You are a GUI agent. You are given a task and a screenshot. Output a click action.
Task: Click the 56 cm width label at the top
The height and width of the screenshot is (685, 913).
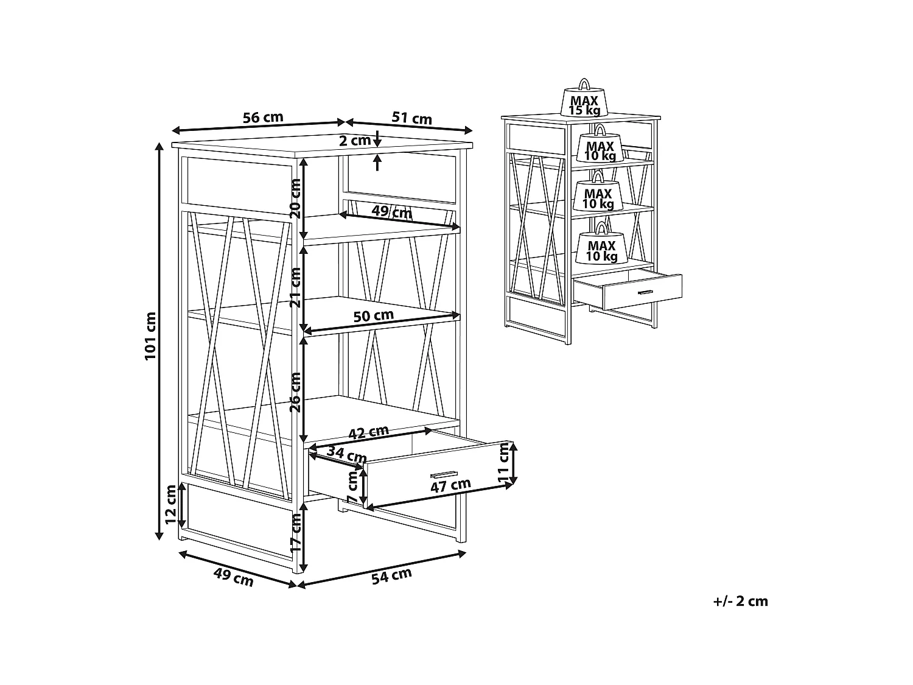pyautogui.click(x=263, y=118)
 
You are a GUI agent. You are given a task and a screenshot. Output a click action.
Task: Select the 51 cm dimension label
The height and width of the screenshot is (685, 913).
pyautogui.click(x=411, y=118)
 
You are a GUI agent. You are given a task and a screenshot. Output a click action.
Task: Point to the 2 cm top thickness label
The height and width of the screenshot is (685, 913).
pyautogui.click(x=354, y=141)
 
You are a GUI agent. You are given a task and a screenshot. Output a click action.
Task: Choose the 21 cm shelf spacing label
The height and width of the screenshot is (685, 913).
pyautogui.click(x=295, y=287)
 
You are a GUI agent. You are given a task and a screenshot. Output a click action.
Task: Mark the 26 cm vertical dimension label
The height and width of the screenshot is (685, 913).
pyautogui.click(x=295, y=392)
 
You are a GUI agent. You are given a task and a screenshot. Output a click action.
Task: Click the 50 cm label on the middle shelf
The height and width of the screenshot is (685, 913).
pyautogui.click(x=374, y=315)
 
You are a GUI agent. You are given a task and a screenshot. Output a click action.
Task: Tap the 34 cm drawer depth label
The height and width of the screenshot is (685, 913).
pyautogui.click(x=346, y=454)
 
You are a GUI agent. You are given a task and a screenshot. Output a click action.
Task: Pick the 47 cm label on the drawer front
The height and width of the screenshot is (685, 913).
pyautogui.click(x=450, y=485)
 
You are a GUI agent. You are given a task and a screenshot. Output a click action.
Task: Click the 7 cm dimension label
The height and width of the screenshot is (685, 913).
pyautogui.click(x=352, y=486)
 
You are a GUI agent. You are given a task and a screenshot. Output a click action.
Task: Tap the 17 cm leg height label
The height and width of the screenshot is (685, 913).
pyautogui.click(x=295, y=533)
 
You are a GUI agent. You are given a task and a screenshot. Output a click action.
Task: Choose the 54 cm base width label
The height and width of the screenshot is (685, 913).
pyautogui.click(x=391, y=576)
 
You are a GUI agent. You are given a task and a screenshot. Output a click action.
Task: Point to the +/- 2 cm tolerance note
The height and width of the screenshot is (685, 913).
pyautogui.click(x=740, y=602)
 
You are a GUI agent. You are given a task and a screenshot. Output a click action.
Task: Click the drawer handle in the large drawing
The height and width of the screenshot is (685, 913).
pyautogui.click(x=443, y=475)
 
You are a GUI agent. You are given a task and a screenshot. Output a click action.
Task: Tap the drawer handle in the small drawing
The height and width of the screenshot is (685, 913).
pyautogui.click(x=645, y=293)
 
